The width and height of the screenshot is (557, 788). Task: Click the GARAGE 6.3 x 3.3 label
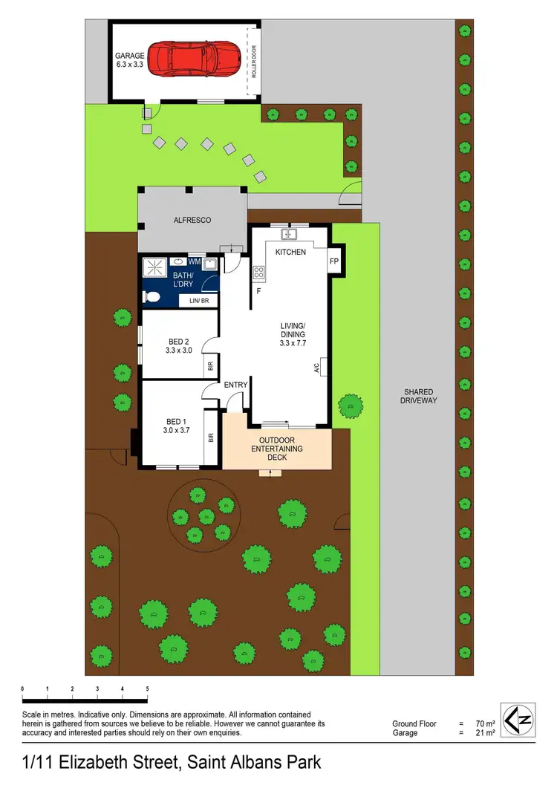(x=131, y=60)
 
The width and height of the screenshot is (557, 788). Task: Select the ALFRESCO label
(x=192, y=221)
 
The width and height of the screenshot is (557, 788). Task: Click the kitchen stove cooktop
(x=259, y=273)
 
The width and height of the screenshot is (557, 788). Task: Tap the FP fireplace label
(x=334, y=261)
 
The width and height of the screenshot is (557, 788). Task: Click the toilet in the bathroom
(x=152, y=298)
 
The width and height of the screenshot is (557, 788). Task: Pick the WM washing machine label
(x=194, y=261)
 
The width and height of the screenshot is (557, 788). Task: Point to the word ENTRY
(x=235, y=384)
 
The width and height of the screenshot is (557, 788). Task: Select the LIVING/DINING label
(x=293, y=330)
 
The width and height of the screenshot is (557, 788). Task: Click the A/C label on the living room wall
(x=316, y=367)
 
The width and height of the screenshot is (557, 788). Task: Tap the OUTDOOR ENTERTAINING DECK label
(x=276, y=449)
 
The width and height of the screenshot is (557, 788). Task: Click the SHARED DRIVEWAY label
(x=419, y=396)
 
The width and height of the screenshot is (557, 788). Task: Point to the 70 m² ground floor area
(x=480, y=723)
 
